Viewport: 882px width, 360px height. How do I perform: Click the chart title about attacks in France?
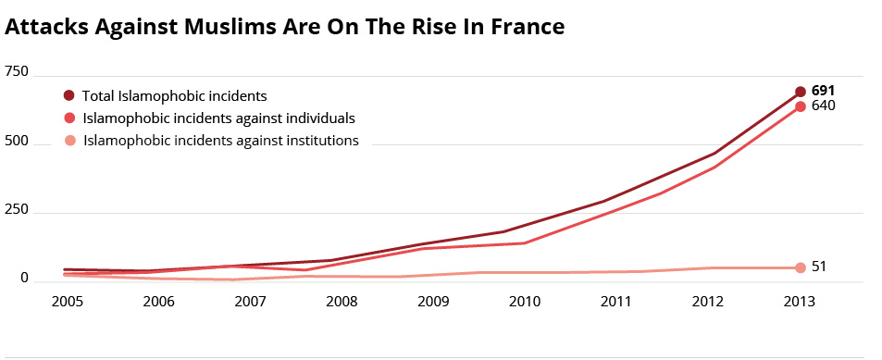pos(285,27)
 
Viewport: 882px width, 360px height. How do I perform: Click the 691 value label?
pos(824,91)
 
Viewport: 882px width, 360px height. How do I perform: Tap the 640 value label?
pos(824,106)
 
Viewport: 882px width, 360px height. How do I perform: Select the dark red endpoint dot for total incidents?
pos(801,92)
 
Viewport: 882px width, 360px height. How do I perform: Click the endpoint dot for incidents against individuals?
pos(801,106)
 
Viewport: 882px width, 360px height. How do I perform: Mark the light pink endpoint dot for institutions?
pos(801,267)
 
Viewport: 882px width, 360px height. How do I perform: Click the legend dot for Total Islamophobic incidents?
pos(69,95)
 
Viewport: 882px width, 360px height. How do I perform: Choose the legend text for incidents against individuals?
pos(218,118)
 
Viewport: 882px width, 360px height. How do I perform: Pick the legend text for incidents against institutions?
pos(221,141)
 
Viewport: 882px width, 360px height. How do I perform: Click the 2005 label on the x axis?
pos(68,302)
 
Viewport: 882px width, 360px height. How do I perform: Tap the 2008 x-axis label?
pos(342,302)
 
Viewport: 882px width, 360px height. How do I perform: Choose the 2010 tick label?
pos(525,302)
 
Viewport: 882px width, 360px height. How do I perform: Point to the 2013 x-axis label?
pos(800,302)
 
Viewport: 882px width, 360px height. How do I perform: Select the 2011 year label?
pos(616,302)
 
